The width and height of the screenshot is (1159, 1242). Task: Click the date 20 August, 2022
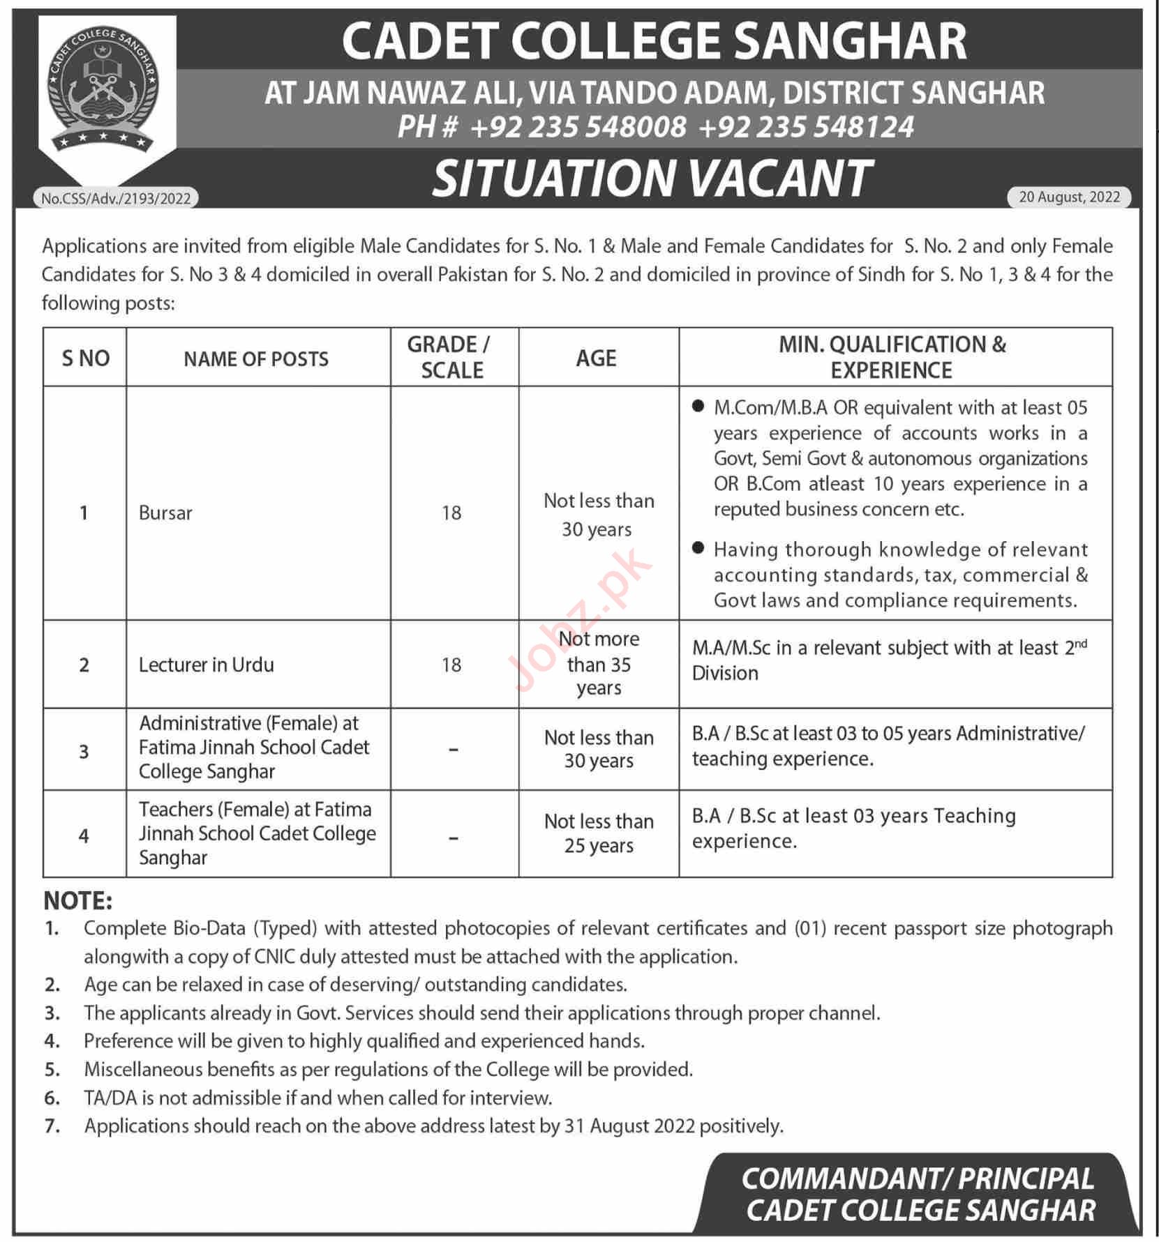pos(1069,197)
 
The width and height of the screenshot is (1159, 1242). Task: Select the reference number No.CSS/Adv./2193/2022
pos(116,199)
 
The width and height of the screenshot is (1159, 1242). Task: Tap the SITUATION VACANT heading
pos(652,179)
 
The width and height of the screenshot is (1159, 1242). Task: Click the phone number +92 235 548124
pos(806,127)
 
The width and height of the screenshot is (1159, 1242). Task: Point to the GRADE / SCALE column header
pos(451,357)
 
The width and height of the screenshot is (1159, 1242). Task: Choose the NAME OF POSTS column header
pos(256,358)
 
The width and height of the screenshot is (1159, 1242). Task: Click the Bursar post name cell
pos(165,513)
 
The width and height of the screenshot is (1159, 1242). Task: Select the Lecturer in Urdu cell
pos(206,665)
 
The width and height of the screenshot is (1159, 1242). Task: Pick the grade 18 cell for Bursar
pos(451,513)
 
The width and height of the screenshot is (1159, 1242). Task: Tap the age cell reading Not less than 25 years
pos(599,833)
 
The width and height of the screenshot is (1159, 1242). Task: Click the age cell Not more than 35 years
pos(599,663)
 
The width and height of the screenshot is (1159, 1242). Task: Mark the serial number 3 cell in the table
pos(84,752)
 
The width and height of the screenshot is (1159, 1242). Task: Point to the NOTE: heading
pos(77,901)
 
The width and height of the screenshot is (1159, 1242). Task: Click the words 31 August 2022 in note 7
pos(629,1126)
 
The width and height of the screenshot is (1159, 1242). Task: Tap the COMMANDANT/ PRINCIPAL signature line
pos(917,1179)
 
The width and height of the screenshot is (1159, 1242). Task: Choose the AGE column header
pos(597,358)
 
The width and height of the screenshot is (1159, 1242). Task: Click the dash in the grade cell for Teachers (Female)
pos(453,837)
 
